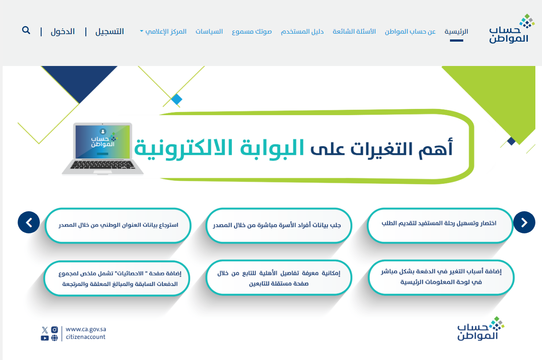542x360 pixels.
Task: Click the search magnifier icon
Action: pyautogui.click(x=26, y=31)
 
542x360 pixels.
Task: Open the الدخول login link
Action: pyautogui.click(x=63, y=31)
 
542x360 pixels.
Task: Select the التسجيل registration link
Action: pyautogui.click(x=110, y=31)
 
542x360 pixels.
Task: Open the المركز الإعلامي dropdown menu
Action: pyautogui.click(x=163, y=32)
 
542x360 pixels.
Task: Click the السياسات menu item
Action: pyautogui.click(x=209, y=31)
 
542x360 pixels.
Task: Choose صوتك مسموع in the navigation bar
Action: pyautogui.click(x=252, y=32)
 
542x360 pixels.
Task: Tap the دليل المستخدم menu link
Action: pyautogui.click(x=302, y=32)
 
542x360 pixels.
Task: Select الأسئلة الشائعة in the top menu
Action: pyautogui.click(x=354, y=31)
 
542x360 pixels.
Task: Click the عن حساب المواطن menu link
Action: pyautogui.click(x=411, y=32)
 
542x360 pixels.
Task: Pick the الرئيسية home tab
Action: pyautogui.click(x=456, y=32)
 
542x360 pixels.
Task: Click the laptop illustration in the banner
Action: pyautogui.click(x=103, y=149)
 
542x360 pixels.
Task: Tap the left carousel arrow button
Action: pyautogui.click(x=29, y=222)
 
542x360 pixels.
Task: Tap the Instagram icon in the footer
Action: pyautogui.click(x=54, y=329)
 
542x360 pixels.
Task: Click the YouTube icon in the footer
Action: pyautogui.click(x=45, y=338)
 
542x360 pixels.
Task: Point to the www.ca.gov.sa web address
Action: pyautogui.click(x=86, y=329)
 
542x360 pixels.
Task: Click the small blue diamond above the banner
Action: pyautogui.click(x=177, y=99)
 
